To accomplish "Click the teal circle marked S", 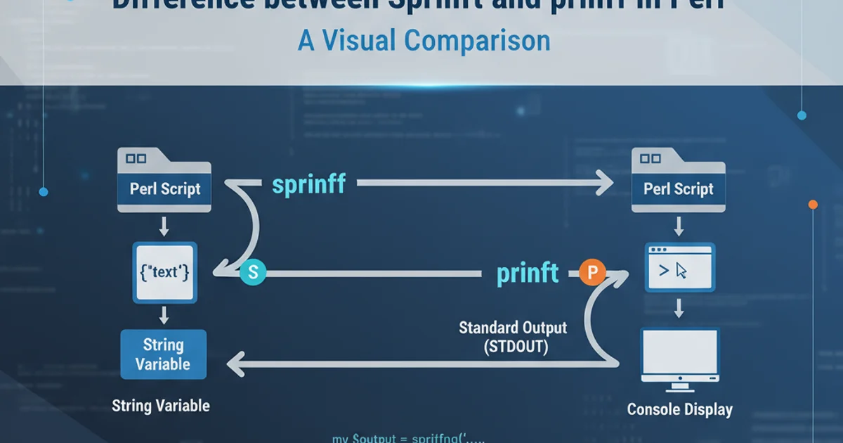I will (x=253, y=274).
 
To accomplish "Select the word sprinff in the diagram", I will (x=308, y=185).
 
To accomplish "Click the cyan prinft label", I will (x=528, y=273).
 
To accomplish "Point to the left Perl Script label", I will (x=165, y=189).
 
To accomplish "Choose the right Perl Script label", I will (x=679, y=189).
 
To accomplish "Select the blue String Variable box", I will (x=164, y=354).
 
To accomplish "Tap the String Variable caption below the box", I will (x=161, y=406).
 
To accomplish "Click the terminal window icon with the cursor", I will (x=679, y=268).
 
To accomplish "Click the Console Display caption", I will (x=679, y=409).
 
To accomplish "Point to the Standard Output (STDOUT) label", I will (x=513, y=336).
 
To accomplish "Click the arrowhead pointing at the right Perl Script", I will (x=604, y=185).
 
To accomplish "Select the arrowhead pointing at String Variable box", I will (x=235, y=364).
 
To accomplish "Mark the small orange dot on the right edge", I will (x=813, y=205).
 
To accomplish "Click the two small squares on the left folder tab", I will (x=136, y=159).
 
